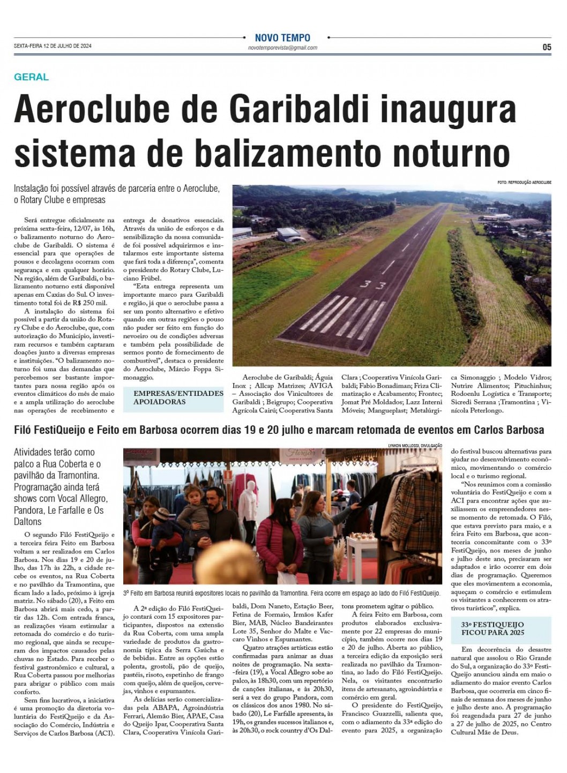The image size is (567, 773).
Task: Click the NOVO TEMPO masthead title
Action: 282,38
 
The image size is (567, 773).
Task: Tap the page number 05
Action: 546,47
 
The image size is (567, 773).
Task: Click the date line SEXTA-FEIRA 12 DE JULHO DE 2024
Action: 53,46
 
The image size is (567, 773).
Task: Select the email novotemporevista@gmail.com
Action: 282,48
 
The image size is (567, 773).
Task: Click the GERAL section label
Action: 31,77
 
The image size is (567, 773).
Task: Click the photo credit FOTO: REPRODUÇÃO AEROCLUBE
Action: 524,183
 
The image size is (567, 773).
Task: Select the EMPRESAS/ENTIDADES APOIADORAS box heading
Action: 178,397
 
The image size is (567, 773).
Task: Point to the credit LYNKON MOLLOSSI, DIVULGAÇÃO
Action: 415,445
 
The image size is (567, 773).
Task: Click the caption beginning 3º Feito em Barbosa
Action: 281,593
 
